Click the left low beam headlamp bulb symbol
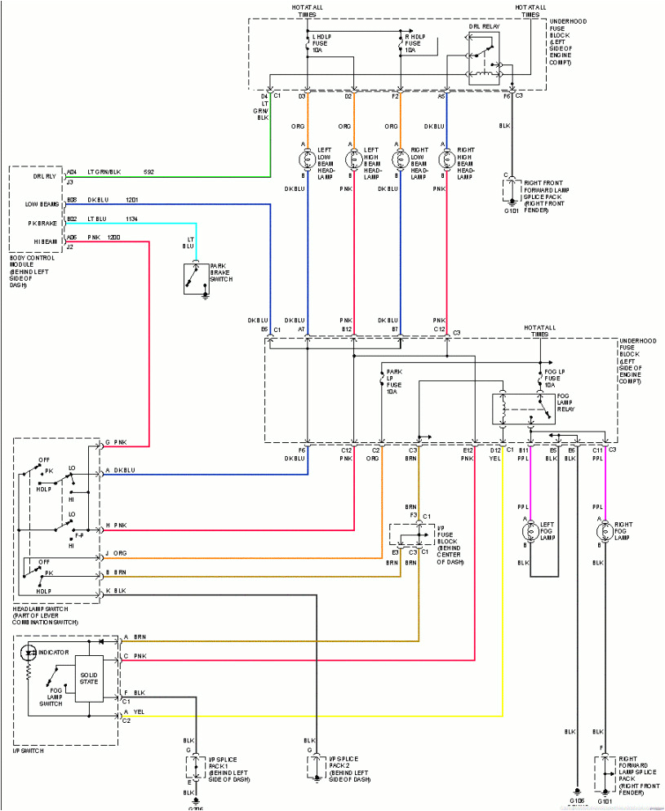coord(307,158)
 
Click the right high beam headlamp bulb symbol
coord(446,158)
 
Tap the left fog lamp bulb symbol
coord(530,530)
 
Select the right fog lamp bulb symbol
coord(604,530)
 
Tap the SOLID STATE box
coord(89,676)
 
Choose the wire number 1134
coord(132,219)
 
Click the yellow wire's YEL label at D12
coord(495,459)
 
